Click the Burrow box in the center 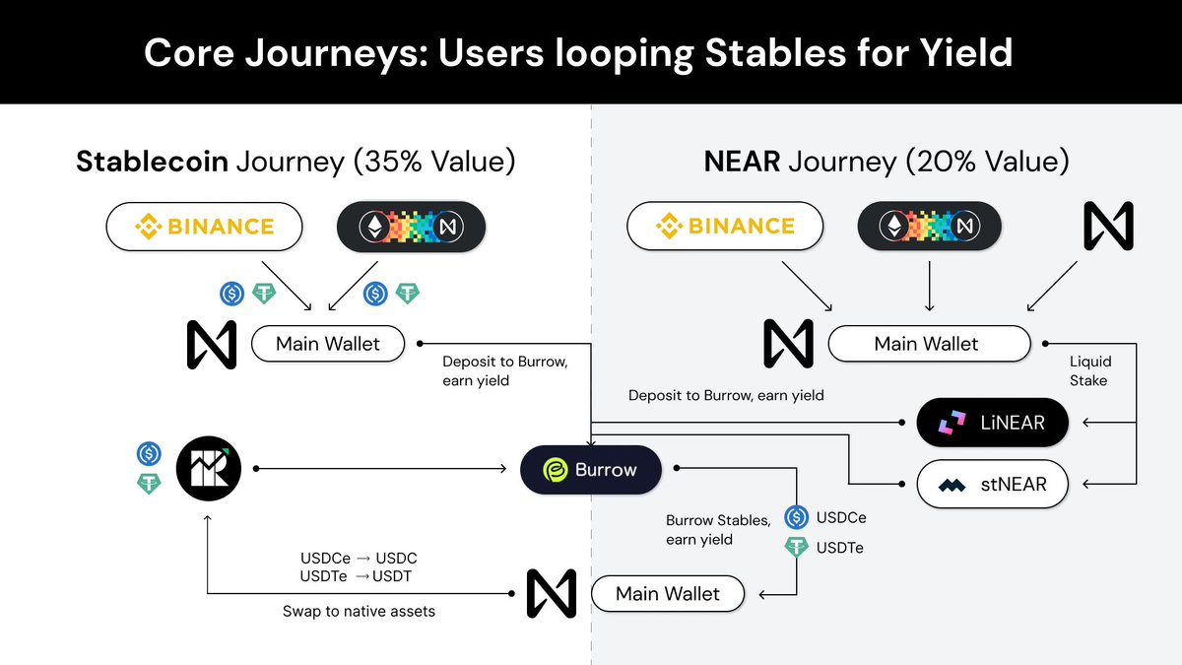point(591,470)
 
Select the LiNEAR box point(992,424)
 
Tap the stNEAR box point(992,484)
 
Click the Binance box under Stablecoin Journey point(204,227)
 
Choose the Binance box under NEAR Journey point(724,227)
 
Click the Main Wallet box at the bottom point(667,594)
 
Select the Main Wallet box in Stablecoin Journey point(327,344)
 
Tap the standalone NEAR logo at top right point(1108,226)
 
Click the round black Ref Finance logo point(208,470)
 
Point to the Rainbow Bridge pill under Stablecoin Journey point(411,227)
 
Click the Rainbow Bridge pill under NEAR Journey point(930,227)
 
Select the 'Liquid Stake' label point(1088,371)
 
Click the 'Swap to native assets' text point(359,611)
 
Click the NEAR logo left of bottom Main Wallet point(537,593)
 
